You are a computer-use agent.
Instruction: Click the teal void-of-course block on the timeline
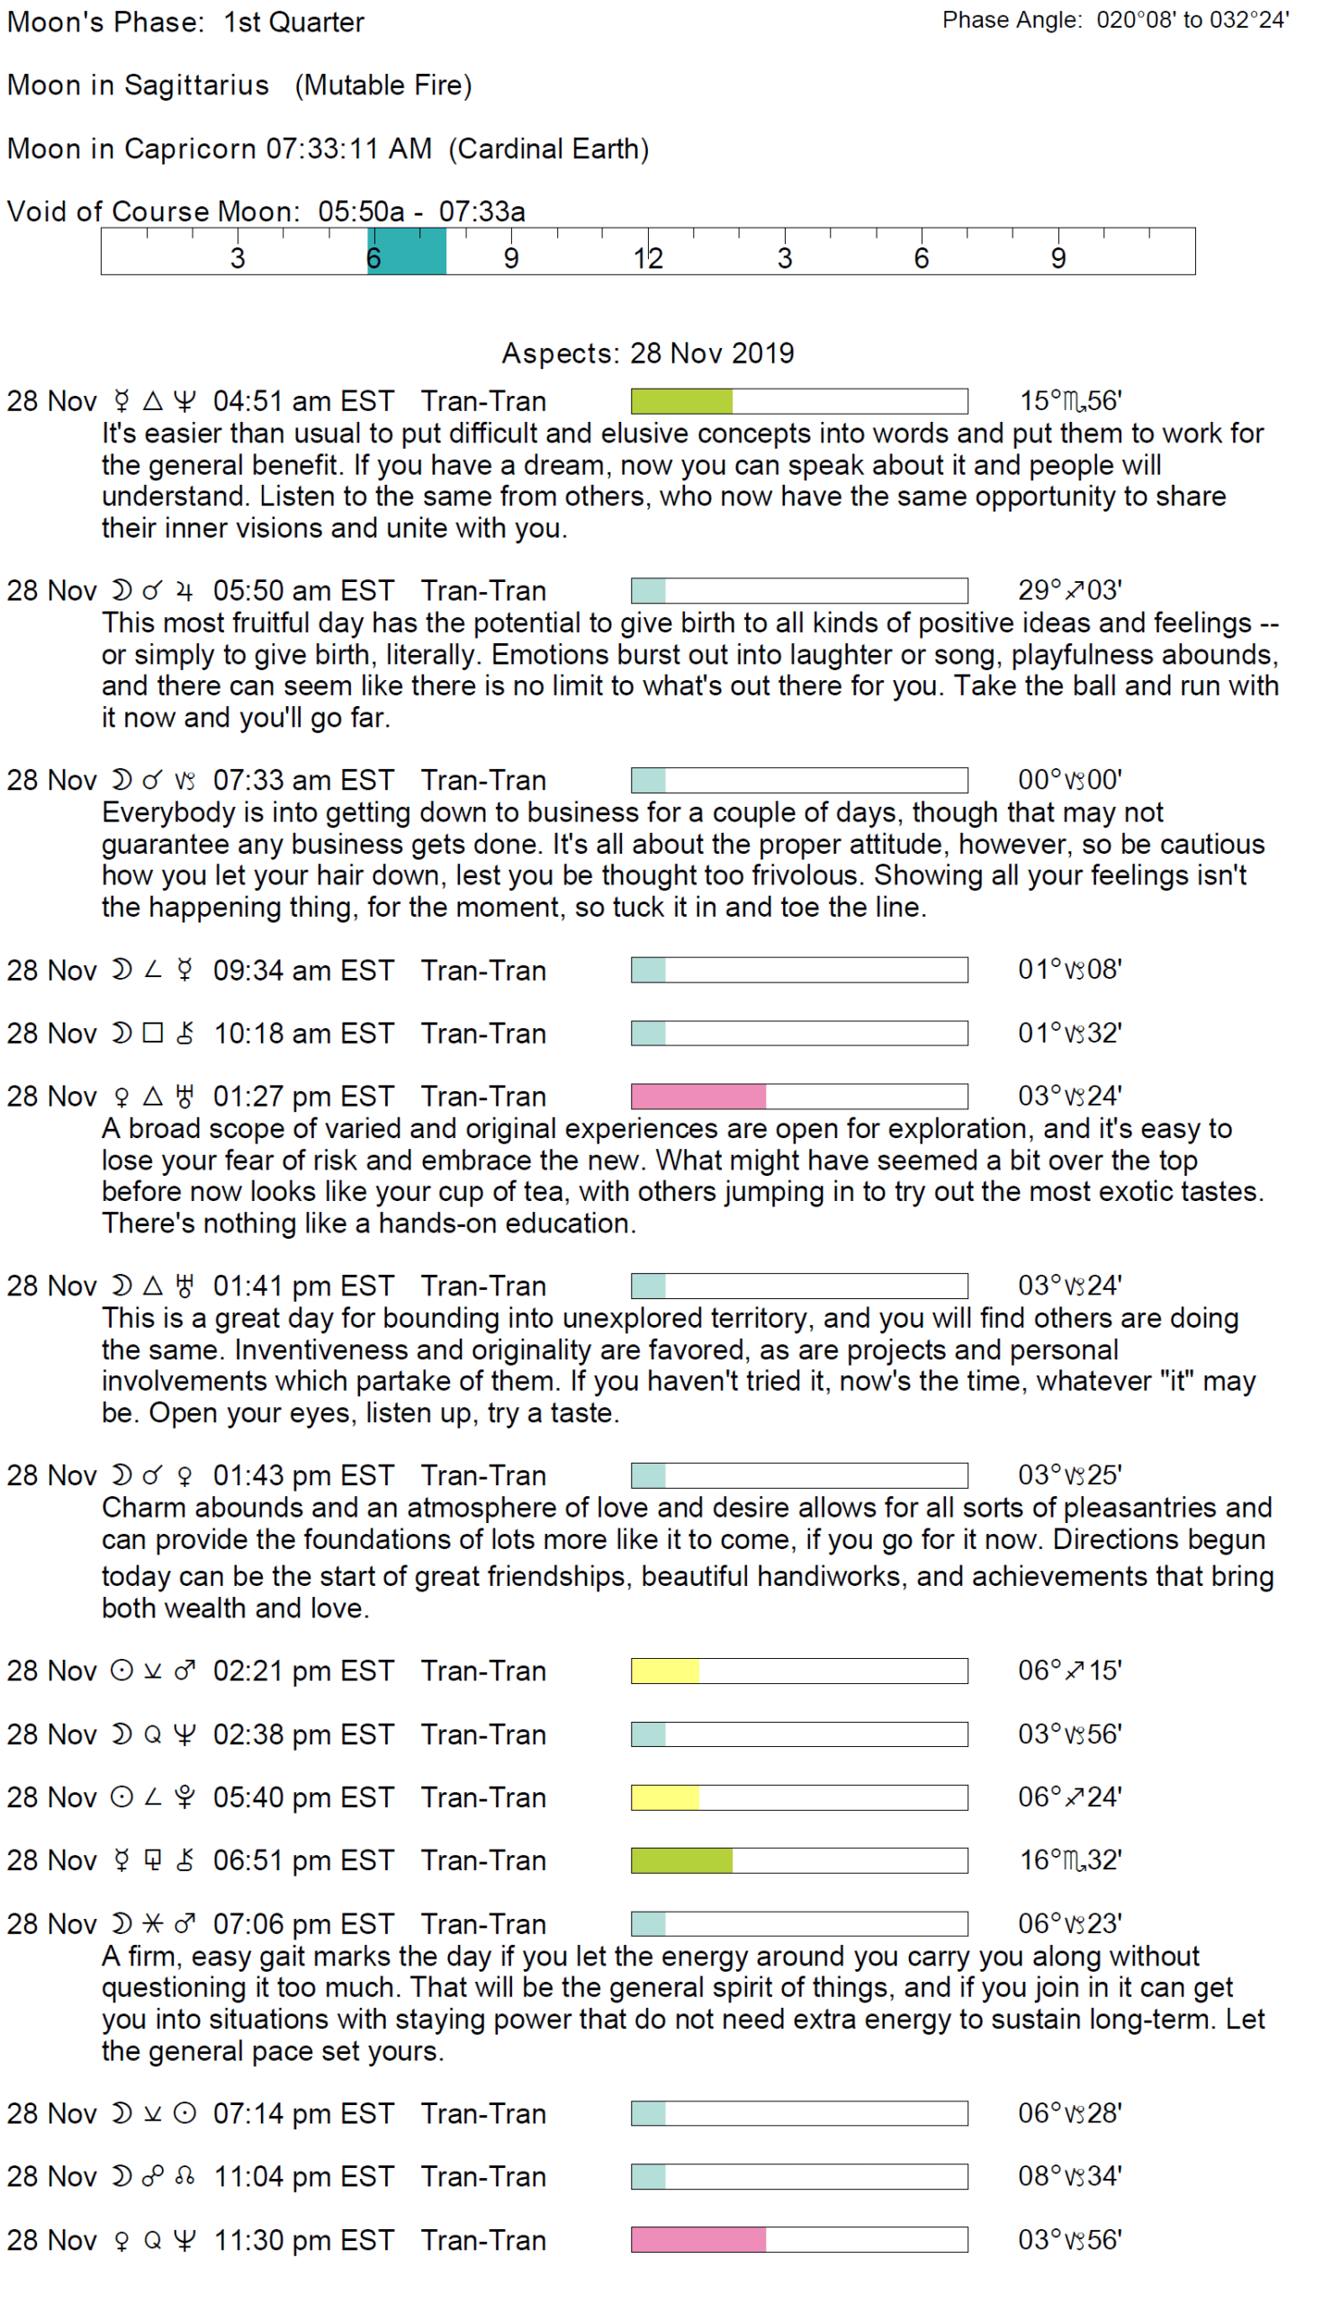coord(406,251)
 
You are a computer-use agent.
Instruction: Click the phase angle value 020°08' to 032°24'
coord(1192,20)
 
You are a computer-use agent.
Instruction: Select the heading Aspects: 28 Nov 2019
coord(647,353)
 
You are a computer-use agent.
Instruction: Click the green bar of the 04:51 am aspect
coord(681,401)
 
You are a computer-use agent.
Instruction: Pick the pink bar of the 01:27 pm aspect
coord(697,1096)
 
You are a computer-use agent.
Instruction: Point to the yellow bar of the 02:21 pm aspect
coord(664,1671)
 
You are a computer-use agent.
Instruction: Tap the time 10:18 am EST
coord(303,1034)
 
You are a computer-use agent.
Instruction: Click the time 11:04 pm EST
coord(303,2176)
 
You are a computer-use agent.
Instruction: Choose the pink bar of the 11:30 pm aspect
coord(697,2240)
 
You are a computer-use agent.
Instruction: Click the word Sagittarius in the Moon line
coord(196,85)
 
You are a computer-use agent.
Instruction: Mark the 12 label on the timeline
coord(647,258)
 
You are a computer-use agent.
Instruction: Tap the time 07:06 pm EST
coord(303,1923)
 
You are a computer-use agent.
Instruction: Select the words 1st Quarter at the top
coord(293,22)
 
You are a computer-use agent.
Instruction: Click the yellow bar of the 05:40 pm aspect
coord(664,1797)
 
